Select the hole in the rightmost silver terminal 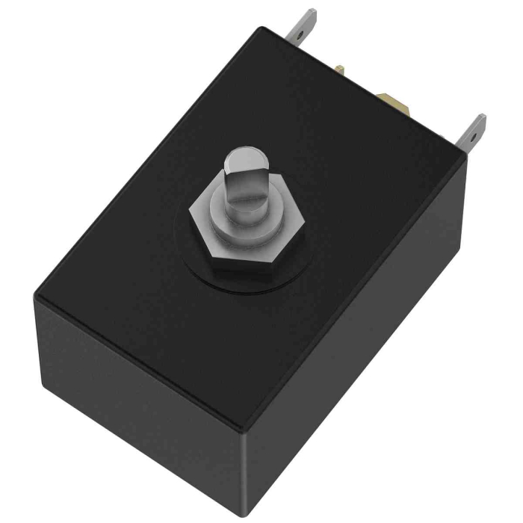click(471, 137)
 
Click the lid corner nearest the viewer click(241, 427)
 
